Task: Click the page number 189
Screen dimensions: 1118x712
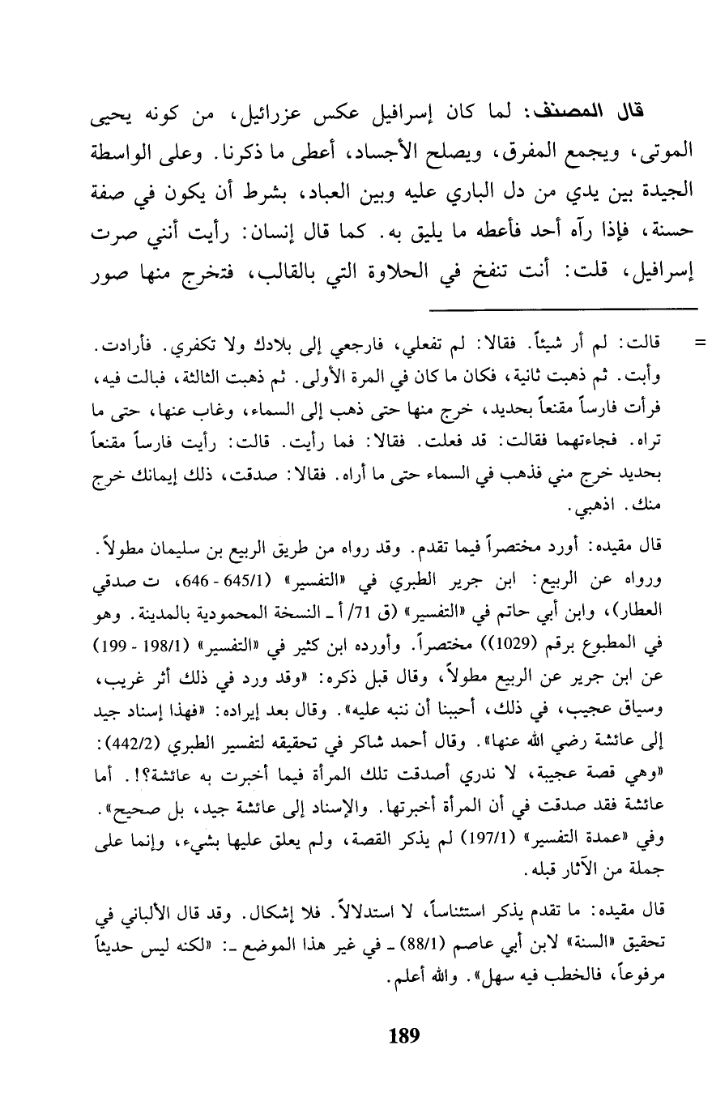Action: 402,1035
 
